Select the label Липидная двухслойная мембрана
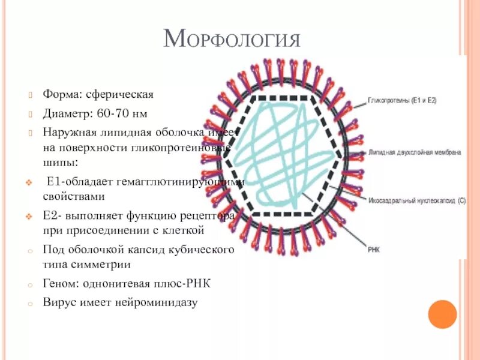415,152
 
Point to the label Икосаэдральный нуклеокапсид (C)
416,202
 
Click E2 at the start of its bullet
49,215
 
